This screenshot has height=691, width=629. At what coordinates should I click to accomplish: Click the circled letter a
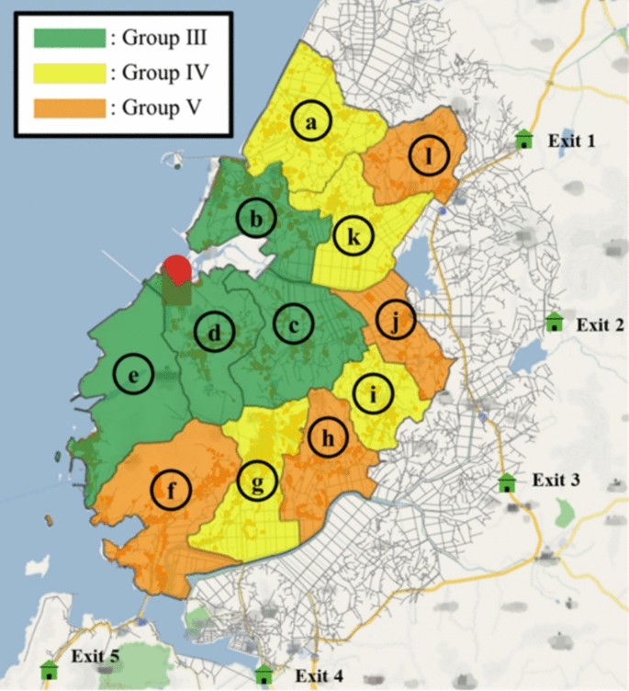click(311, 122)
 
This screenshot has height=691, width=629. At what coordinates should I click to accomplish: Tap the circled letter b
click(256, 219)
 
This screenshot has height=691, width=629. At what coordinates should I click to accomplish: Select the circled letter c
click(293, 325)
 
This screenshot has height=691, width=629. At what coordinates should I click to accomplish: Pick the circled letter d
click(214, 334)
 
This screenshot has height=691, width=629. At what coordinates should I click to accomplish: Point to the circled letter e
click(133, 375)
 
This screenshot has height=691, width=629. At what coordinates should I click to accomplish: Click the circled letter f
click(171, 489)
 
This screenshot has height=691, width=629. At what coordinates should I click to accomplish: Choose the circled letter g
click(256, 481)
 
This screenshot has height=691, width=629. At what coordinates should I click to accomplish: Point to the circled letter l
click(428, 157)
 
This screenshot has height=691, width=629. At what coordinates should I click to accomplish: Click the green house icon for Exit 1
click(523, 140)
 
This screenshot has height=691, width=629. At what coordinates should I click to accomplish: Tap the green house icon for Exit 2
click(553, 323)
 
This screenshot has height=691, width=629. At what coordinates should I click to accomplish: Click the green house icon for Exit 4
click(264, 674)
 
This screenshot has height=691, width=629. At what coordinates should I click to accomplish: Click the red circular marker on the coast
click(177, 270)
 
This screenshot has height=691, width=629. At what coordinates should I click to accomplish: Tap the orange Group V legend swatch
click(68, 108)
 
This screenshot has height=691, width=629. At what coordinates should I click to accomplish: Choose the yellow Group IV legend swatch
click(68, 73)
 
